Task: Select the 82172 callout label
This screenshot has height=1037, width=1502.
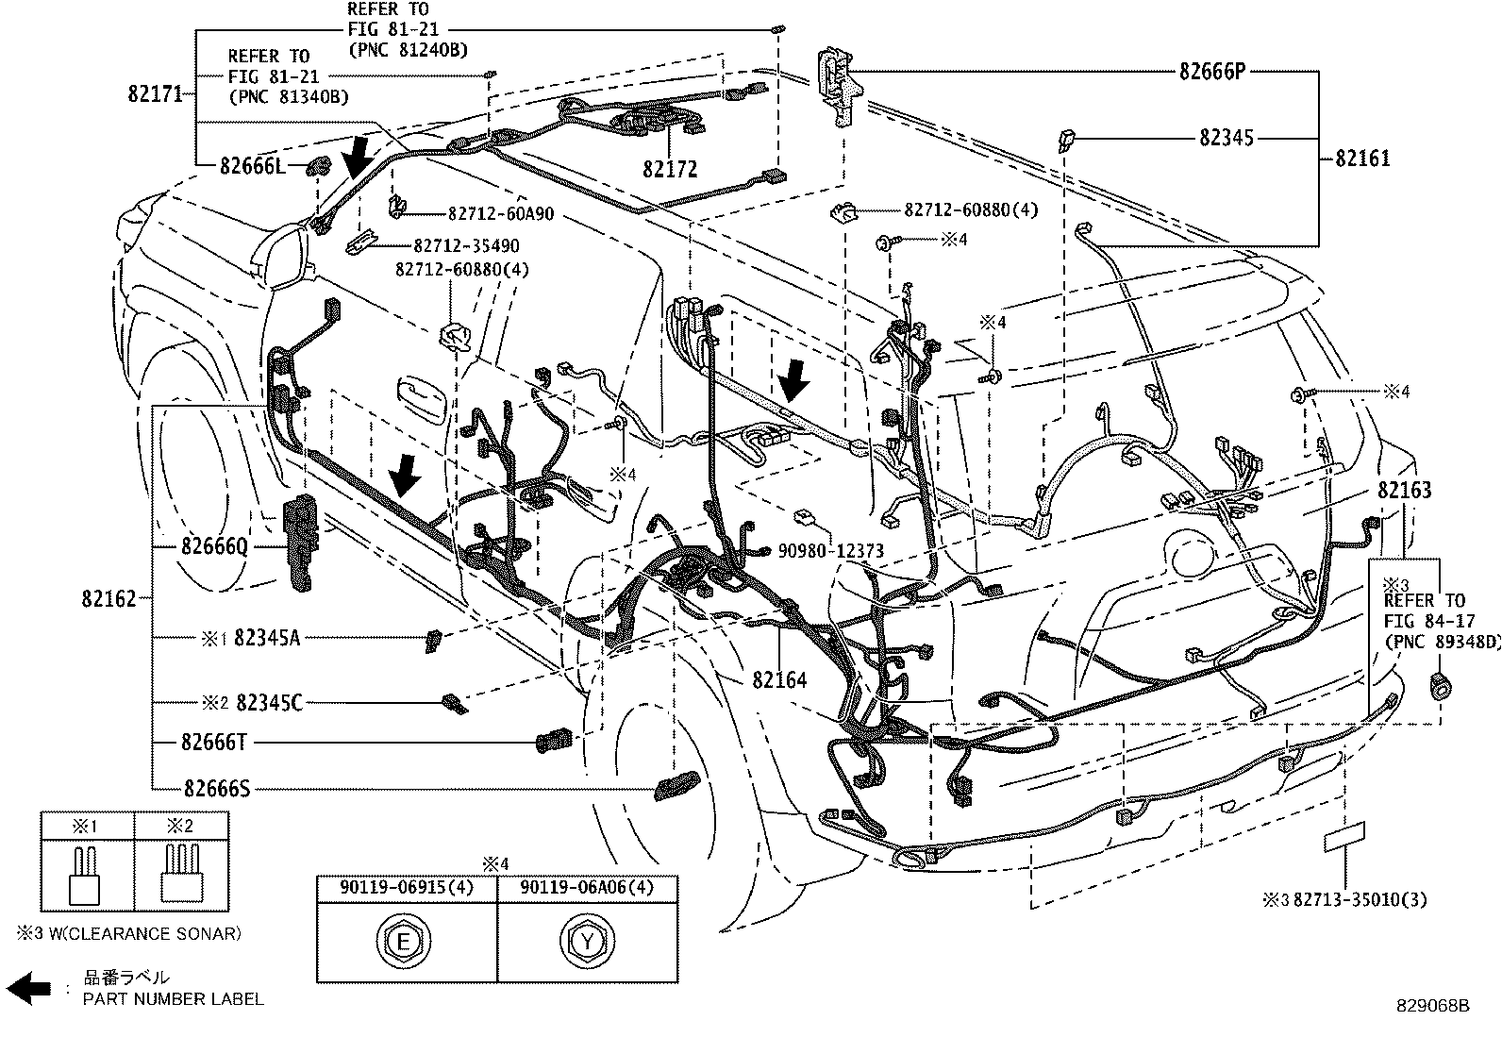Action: click(x=669, y=169)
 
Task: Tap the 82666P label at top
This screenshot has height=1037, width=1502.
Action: click(x=1211, y=71)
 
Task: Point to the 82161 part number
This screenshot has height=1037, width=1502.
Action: click(x=1362, y=158)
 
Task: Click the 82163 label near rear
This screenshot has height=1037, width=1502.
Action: click(x=1404, y=490)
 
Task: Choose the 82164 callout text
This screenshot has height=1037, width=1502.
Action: click(x=779, y=679)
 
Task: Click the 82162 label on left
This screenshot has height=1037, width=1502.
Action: click(x=108, y=598)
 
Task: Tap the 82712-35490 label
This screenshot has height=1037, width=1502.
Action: click(x=457, y=245)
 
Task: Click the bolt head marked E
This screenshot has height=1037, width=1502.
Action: click(x=405, y=941)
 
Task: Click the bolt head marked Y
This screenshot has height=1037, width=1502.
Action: click(x=588, y=941)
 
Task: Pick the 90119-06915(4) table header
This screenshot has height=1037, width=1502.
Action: click(x=407, y=888)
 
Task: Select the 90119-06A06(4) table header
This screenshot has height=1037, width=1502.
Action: click(x=587, y=888)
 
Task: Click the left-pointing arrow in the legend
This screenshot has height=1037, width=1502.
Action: click(x=33, y=988)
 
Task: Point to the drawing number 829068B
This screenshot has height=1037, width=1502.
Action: click(x=1433, y=1006)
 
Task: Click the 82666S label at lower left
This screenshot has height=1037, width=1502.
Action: click(x=216, y=789)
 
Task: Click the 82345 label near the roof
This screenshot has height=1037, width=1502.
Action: click(x=1227, y=138)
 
